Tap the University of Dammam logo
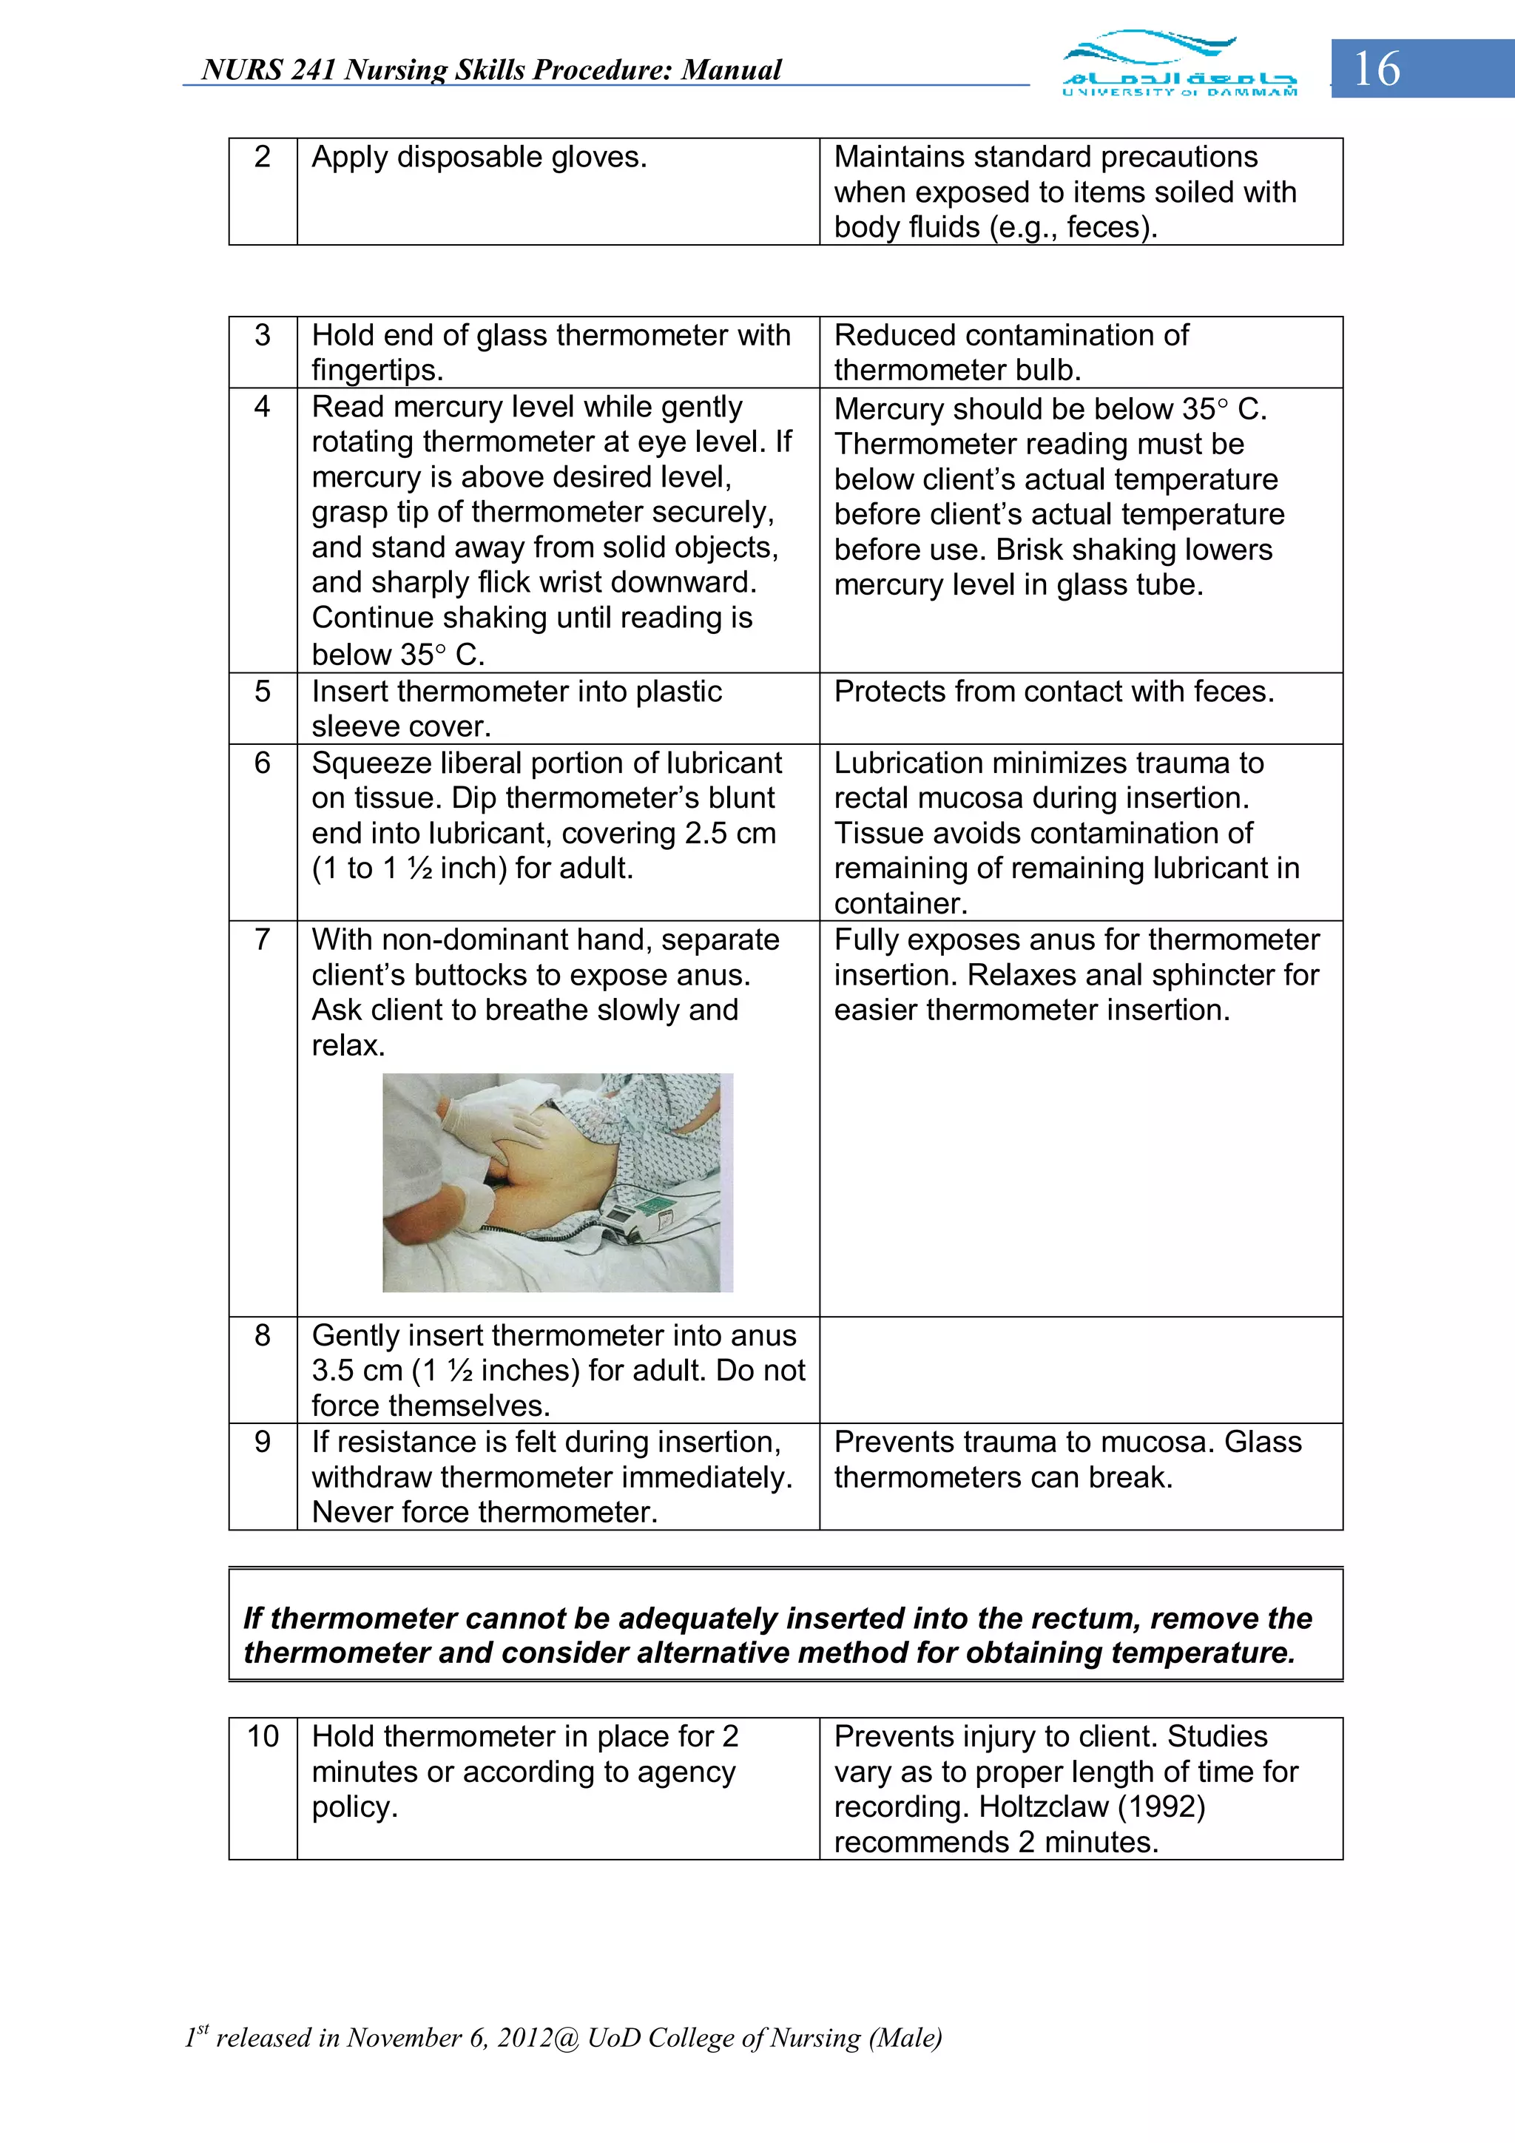tap(1179, 64)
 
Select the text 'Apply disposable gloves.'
tap(479, 157)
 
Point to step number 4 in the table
tap(263, 407)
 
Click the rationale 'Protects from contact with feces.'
tap(1053, 692)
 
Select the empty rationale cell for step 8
tap(1080, 1369)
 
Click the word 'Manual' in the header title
tap(731, 70)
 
